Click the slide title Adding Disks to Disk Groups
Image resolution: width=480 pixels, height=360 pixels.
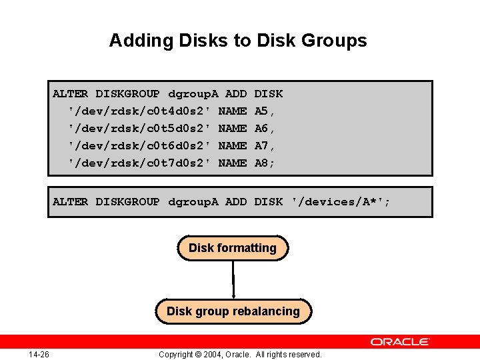coord(238,41)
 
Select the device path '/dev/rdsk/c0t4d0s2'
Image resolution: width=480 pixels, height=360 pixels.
coord(139,111)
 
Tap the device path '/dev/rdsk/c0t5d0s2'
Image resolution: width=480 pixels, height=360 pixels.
coord(139,128)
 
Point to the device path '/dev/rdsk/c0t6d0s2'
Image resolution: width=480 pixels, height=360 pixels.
coord(139,145)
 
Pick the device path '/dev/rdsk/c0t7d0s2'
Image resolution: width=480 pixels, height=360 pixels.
coord(139,163)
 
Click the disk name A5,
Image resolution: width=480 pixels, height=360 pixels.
coord(265,111)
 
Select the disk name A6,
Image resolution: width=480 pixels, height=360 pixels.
coord(265,128)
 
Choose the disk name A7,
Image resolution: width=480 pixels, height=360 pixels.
coord(265,145)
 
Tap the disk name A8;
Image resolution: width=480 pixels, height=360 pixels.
coord(265,163)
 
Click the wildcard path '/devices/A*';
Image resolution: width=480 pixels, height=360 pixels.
coord(341,201)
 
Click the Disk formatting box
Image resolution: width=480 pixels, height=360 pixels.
coord(233,248)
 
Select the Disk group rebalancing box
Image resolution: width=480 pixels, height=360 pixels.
coord(233,311)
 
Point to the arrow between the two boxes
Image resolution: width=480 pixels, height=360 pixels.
coord(233,280)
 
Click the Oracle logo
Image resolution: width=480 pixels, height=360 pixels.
coord(400,341)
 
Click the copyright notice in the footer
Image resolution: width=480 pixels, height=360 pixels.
coord(240,354)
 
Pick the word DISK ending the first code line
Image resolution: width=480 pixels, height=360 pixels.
coord(269,93)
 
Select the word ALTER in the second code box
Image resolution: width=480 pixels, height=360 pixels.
coord(70,201)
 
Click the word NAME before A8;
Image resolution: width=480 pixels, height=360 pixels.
coord(233,163)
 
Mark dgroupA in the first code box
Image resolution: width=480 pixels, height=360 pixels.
coord(193,93)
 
